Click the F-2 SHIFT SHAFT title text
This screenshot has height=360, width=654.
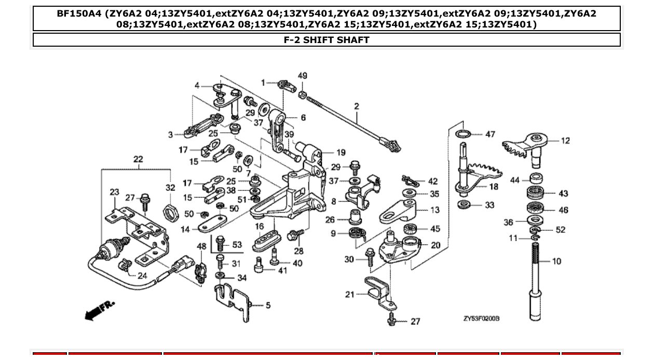[x=326, y=40]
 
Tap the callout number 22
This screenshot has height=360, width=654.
[x=138, y=159]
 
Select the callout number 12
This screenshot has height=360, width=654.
[x=565, y=141]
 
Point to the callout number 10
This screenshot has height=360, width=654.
[x=556, y=261]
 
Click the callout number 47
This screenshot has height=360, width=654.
[x=490, y=134]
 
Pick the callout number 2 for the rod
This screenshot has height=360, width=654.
[x=357, y=106]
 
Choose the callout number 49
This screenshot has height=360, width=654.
[x=303, y=76]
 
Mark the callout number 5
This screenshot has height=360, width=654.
[x=268, y=306]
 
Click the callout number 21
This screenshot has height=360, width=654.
[x=350, y=294]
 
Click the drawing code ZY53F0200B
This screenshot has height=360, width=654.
[x=481, y=318]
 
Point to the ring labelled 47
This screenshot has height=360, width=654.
[x=464, y=135]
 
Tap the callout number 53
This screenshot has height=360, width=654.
[x=237, y=245]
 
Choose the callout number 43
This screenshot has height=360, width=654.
[x=563, y=193]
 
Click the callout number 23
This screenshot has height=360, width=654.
[x=114, y=192]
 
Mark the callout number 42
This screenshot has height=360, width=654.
[x=433, y=182]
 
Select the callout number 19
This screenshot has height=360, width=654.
[x=341, y=153]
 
